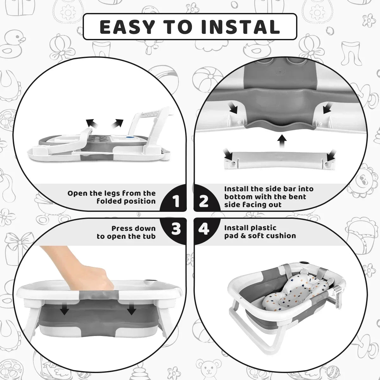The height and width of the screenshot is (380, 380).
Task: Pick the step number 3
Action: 176,229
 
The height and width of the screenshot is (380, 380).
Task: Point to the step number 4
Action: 204,229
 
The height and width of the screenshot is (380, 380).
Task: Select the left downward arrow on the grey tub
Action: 65,310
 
